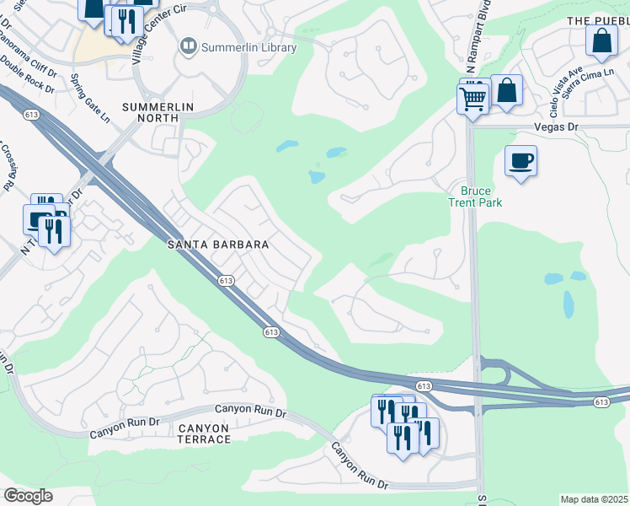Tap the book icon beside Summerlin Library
coord(188,47)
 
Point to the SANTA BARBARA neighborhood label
coord(217,245)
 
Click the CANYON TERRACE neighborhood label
coord(204,433)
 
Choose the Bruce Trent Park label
coord(470,196)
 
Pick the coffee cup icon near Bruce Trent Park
coord(521,159)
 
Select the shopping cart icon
coord(472,99)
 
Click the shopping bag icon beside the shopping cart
coord(507,90)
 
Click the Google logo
coord(28,496)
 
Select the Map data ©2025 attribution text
coord(595,499)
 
